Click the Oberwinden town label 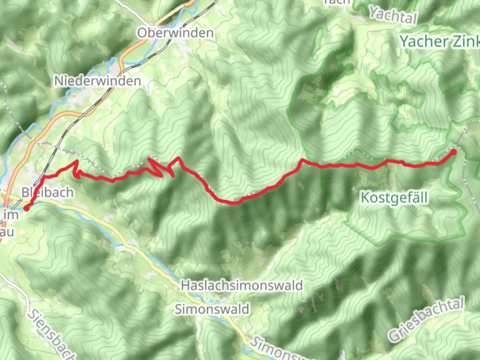175,33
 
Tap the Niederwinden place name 97,81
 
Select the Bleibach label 47,192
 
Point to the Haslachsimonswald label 242,286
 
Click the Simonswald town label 212,309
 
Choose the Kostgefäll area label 394,198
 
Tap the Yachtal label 393,15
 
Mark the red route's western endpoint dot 26,209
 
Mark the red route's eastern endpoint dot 454,152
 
